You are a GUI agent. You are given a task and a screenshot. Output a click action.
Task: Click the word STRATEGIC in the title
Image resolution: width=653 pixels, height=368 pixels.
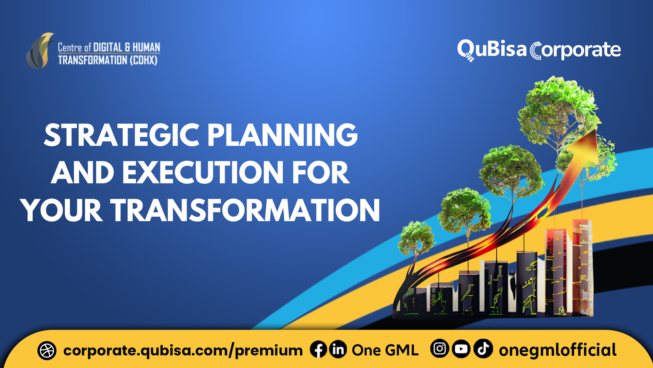coord(121,135)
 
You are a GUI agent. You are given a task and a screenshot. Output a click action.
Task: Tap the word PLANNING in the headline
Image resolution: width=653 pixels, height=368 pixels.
coord(282,135)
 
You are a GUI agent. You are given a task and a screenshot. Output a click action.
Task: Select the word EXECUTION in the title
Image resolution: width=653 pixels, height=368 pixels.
coord(203,173)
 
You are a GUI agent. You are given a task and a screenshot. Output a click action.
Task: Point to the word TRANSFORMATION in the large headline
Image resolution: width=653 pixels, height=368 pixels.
coord(245,211)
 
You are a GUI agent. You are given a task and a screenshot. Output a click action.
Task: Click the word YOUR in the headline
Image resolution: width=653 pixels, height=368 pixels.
coord(61,211)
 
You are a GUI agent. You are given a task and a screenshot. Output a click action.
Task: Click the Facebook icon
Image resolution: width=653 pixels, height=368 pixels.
coord(318,350)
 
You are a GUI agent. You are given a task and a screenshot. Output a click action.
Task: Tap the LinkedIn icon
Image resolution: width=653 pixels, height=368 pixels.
coord(338,350)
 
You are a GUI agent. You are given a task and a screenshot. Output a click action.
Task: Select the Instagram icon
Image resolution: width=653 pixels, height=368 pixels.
coord(439,349)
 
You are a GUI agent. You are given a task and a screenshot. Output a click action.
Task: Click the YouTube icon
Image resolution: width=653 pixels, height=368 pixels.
coord(461,349)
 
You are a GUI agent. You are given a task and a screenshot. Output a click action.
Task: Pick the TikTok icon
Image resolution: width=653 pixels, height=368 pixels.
coord(483,349)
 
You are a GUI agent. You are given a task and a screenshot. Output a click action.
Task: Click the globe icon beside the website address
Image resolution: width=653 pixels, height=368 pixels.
coord(47,351)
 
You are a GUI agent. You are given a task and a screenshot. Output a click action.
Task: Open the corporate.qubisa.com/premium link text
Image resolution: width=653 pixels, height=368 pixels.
coord(183,351)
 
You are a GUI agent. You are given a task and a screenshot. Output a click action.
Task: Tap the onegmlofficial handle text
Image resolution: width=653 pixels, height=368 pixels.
coord(558,350)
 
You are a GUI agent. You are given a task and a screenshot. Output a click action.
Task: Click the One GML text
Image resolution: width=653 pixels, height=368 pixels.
coord(385,350)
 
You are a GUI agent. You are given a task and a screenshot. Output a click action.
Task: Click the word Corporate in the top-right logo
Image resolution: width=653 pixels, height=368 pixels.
coord(575,50)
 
